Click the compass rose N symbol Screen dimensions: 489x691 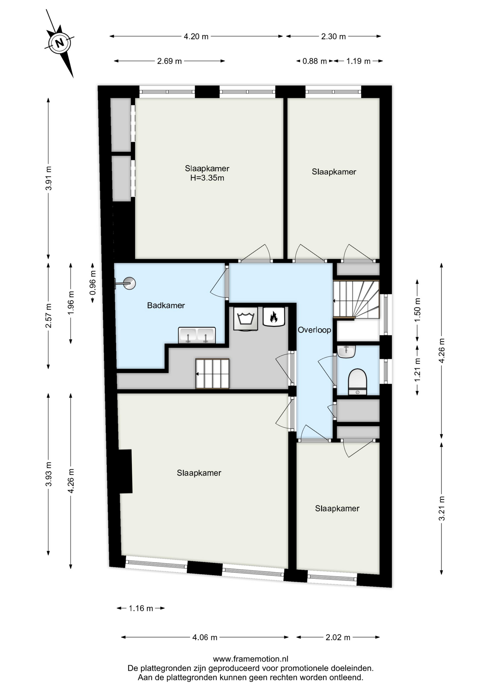60,43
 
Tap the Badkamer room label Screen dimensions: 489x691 166,306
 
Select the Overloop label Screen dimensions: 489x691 314,330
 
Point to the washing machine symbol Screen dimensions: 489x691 246,319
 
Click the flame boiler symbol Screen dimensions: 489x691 274,317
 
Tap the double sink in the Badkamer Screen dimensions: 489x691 197,335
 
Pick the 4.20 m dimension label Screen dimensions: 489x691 196,36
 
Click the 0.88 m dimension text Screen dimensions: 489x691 314,61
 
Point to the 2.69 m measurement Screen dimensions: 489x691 169,61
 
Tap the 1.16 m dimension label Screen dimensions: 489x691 141,608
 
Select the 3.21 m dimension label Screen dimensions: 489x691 442,509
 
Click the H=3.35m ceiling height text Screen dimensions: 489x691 207,178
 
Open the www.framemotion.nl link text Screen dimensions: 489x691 251,659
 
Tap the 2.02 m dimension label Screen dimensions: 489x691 338,637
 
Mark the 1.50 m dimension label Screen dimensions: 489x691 417,310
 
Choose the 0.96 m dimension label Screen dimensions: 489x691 93,283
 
